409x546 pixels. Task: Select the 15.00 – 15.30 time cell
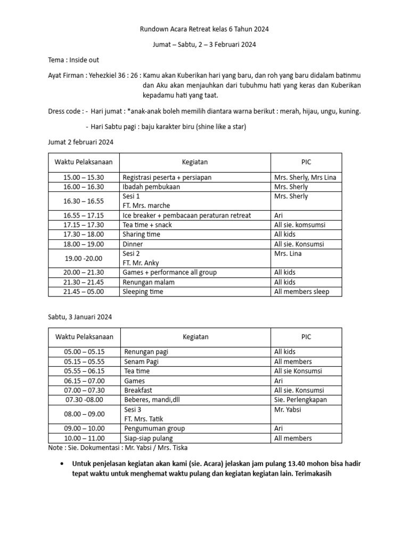coord(84,177)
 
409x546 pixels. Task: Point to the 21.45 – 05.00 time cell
coord(84,292)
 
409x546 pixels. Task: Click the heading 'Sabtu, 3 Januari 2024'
coord(80,317)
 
